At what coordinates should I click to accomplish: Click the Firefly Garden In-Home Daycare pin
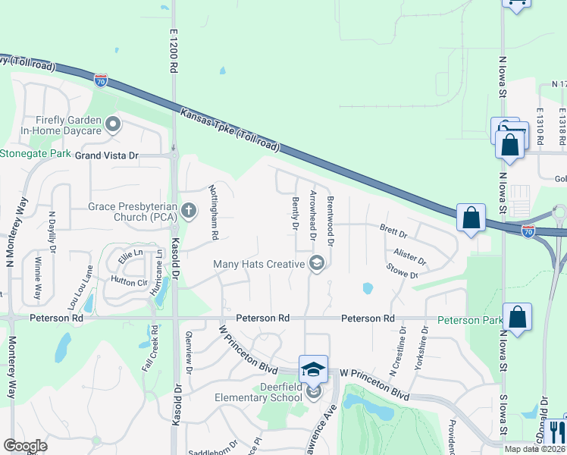113,124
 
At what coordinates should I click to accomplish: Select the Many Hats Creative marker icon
317,264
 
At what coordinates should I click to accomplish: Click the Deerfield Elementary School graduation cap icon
313,369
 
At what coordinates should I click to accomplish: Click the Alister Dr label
409,256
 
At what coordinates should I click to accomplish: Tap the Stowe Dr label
402,271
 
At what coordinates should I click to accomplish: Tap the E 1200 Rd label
174,52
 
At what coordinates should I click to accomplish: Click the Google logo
24,446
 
